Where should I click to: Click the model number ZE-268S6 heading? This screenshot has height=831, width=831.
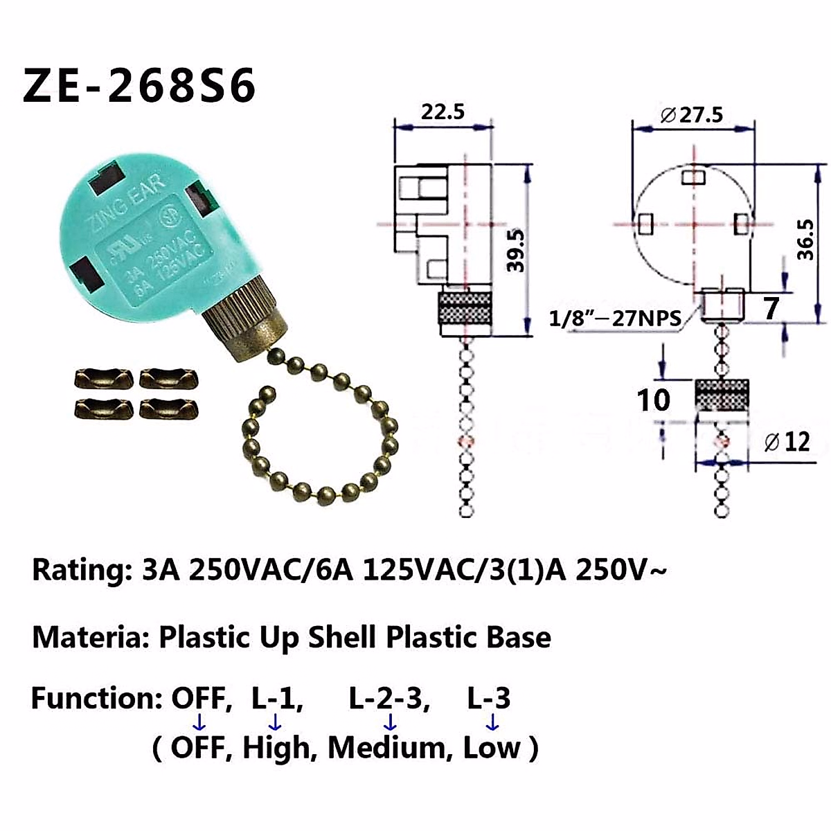click(x=139, y=86)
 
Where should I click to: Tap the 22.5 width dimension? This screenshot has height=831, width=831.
click(x=443, y=111)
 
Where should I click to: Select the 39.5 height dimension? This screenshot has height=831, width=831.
click(x=516, y=250)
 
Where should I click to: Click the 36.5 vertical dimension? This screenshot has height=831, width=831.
click(x=805, y=239)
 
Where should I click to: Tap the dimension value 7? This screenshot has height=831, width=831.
click(x=771, y=308)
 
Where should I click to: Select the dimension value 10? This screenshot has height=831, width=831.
click(x=653, y=400)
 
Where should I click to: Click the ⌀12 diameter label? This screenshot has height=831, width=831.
click(x=786, y=441)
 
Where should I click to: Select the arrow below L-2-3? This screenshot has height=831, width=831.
click(x=390, y=723)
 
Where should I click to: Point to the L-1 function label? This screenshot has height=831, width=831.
click(x=276, y=699)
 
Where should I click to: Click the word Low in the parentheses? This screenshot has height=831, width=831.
click(x=492, y=749)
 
